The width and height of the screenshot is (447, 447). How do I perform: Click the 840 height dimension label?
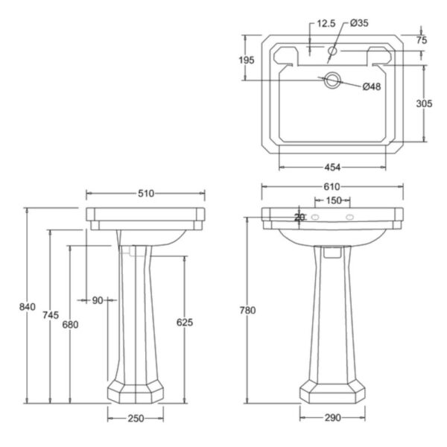(28, 307)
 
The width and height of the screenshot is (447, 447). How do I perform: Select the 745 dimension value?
(51, 315)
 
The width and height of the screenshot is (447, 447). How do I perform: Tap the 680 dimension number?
(70, 324)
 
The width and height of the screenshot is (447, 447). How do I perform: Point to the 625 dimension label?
(185, 322)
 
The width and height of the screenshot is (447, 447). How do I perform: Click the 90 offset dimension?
(98, 300)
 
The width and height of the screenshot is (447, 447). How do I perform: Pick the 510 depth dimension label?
(146, 193)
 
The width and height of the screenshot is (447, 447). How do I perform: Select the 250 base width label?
(136, 418)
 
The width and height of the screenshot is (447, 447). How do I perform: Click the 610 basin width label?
(332, 187)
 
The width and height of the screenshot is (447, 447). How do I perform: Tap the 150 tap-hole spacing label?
(334, 200)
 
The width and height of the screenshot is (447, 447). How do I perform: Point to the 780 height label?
(247, 310)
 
